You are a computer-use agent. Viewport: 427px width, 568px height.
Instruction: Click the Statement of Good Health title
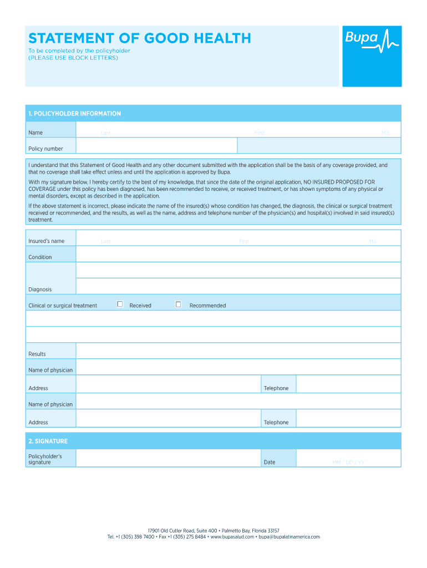[x=140, y=38]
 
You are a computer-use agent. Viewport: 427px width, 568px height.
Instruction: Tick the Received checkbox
[x=120, y=304]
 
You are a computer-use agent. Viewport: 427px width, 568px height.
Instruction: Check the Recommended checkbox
[x=178, y=304]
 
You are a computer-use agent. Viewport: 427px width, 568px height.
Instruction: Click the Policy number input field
[x=156, y=146]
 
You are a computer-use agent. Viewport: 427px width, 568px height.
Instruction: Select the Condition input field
[x=238, y=254]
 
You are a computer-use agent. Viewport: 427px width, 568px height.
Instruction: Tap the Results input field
[x=238, y=351]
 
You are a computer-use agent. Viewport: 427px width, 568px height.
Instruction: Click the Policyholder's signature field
[x=168, y=458]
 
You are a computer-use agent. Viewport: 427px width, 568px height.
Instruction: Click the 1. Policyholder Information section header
[x=75, y=114]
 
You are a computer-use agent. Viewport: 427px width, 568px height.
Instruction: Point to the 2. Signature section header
[x=48, y=442]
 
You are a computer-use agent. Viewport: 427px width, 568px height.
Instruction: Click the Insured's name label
[x=47, y=241]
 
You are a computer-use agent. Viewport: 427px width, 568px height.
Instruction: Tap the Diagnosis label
[x=40, y=290]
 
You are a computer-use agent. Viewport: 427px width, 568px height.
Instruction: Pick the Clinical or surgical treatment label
[x=63, y=306]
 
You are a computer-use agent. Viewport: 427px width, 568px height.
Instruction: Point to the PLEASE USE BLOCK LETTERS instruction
[x=73, y=58]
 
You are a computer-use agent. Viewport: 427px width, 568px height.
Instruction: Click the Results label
[x=37, y=354]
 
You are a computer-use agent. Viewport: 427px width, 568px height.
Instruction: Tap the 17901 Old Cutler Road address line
[x=213, y=531]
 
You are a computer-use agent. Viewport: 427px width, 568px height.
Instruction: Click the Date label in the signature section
[x=270, y=462]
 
